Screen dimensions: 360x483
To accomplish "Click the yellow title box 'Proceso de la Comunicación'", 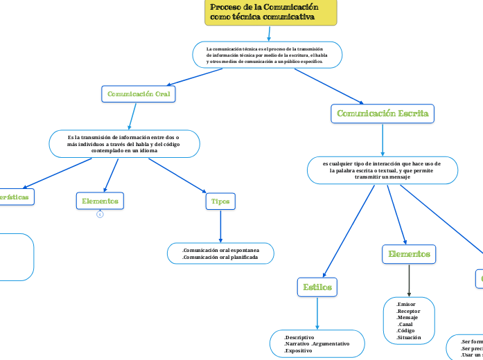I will click(271, 12).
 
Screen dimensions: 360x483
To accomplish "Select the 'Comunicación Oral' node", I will click(139, 93).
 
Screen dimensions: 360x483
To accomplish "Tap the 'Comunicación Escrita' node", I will click(383, 114).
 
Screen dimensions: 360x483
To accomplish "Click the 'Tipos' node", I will click(220, 201).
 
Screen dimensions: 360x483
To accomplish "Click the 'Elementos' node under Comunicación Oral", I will click(100, 201).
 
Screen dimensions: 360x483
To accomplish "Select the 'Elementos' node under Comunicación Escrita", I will click(409, 255).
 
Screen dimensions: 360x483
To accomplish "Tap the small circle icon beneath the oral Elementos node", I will click(100, 215).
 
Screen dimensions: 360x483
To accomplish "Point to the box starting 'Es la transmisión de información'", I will click(124, 144).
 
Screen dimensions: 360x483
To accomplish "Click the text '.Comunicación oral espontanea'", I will click(220, 250).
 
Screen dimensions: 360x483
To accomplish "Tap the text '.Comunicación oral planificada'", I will click(220, 258).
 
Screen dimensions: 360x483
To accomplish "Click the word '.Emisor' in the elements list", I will click(406, 304).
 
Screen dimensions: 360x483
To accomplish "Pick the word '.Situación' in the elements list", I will click(409, 337).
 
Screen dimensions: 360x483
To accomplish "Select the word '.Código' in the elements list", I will click(406, 330).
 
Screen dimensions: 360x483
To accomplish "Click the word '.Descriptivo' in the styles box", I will click(299, 337).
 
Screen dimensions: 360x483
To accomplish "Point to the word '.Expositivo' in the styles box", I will click(298, 351).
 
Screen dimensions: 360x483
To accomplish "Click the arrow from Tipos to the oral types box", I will click(220, 226).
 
